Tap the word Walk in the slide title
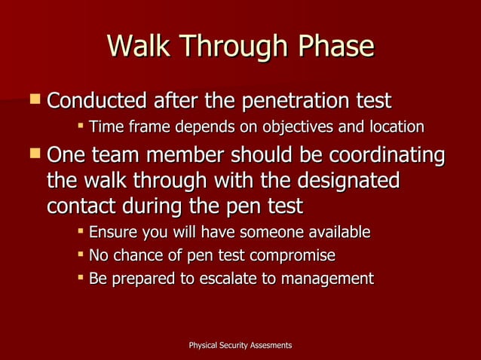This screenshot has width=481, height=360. pyautogui.click(x=139, y=47)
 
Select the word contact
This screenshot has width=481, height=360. pyautogui.click(x=78, y=206)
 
